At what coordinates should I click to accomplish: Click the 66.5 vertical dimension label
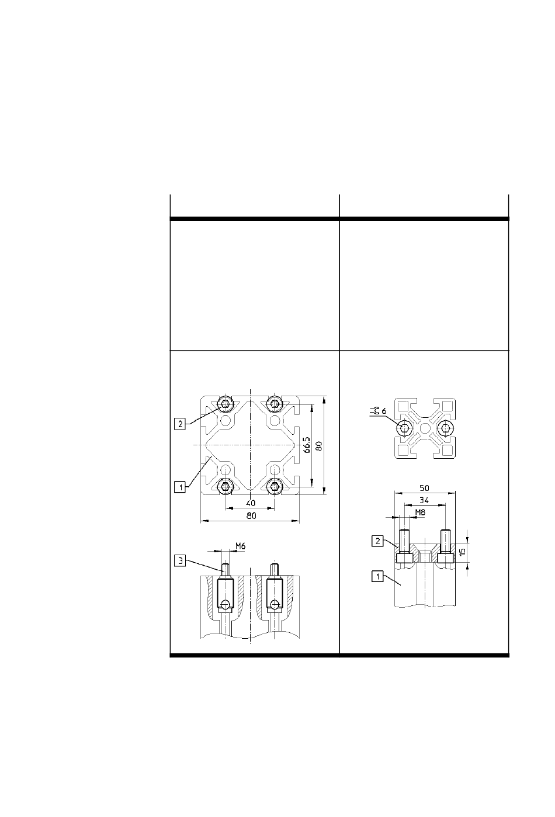[307, 445]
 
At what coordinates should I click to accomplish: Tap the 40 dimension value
[251, 503]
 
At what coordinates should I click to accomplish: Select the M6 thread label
[240, 546]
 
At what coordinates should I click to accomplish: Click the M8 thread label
[420, 512]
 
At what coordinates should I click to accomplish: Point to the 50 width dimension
[425, 487]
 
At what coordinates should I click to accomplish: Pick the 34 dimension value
[424, 500]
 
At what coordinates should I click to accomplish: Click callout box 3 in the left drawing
[180, 560]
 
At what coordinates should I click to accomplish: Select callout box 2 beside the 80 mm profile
[180, 424]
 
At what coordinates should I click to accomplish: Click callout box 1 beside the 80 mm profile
[180, 487]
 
